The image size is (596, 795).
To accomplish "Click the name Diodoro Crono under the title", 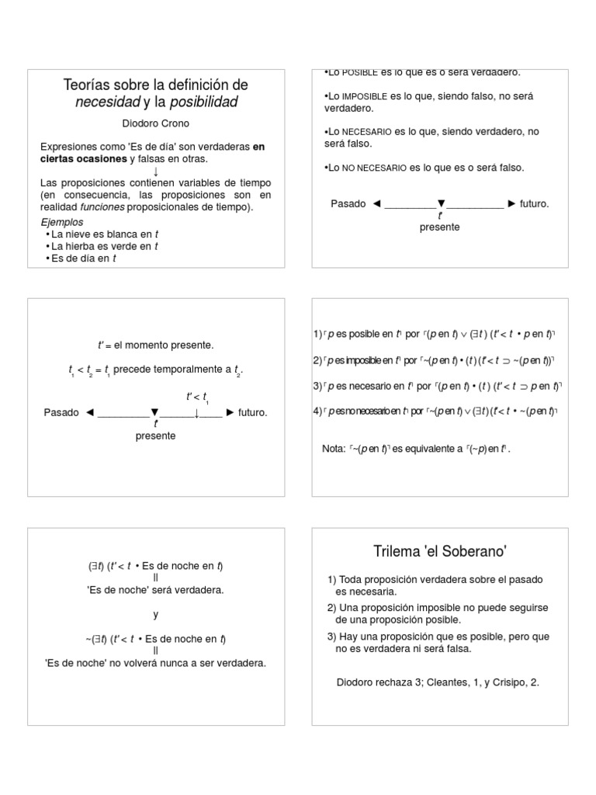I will coord(155,123).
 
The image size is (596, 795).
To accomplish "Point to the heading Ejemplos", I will coord(61,222).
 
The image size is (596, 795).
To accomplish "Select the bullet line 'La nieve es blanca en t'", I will coord(106,234).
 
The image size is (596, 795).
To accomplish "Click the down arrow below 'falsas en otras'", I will coord(155,171).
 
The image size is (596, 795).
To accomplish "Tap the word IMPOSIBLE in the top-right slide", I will coord(366,95).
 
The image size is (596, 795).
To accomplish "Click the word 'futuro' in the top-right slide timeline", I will coord(535,203).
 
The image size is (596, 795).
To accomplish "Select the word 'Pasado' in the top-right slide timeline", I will coord(348,203).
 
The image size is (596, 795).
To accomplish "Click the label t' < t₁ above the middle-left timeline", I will coord(198,397).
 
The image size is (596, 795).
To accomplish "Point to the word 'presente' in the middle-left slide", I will coord(155,436).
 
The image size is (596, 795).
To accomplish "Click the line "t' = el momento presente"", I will coord(155,345).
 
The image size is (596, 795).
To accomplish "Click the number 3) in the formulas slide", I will coord(317,386).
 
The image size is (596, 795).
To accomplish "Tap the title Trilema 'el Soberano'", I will coord(440,551).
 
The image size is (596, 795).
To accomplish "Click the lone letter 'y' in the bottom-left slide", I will coord(155,614).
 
